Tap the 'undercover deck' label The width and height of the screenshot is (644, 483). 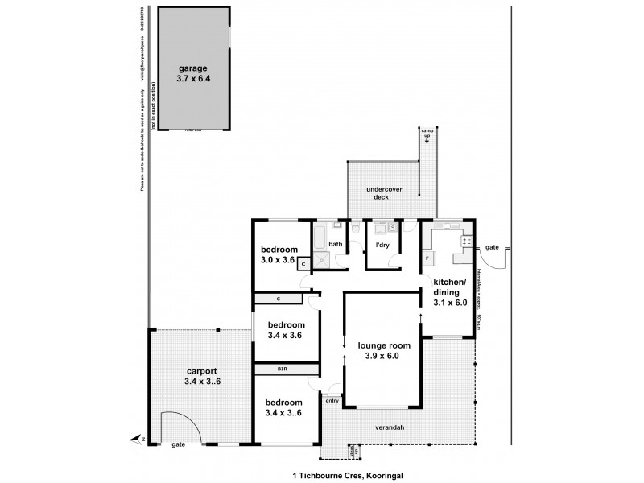point(384,194)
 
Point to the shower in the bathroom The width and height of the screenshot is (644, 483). point(321,258)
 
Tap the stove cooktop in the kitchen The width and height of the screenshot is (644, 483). point(464,241)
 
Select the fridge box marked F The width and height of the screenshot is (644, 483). point(427,258)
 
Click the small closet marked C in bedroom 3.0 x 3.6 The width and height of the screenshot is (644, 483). point(303,263)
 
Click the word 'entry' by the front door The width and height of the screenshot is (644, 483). point(332,400)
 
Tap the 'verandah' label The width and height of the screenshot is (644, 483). point(387,427)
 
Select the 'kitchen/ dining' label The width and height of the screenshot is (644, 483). point(450,287)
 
